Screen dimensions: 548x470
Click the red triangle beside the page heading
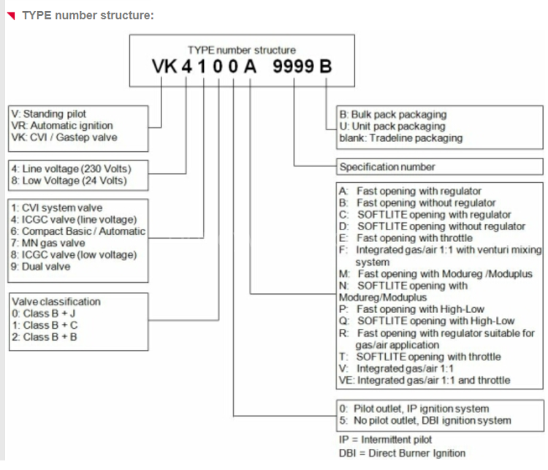click(12, 15)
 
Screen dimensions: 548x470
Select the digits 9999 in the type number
click(293, 67)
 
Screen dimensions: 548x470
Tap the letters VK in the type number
click(164, 67)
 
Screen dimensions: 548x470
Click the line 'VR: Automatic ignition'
click(62, 126)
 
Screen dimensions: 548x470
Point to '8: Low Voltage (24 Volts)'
click(69, 181)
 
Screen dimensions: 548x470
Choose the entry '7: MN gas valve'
click(48, 243)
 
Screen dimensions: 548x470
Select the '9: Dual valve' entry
click(40, 267)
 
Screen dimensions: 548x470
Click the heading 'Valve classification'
click(56, 301)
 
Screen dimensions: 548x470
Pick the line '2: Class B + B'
click(45, 337)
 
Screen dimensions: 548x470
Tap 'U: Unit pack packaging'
click(392, 126)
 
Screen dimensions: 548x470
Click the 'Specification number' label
click(387, 167)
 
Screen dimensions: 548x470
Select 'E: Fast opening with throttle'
click(406, 238)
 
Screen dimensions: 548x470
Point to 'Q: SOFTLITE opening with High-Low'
click(427, 321)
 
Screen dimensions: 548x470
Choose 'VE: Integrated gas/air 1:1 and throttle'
click(425, 380)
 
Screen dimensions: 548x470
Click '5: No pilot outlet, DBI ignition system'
click(425, 420)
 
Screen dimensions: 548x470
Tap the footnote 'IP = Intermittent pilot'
click(386, 439)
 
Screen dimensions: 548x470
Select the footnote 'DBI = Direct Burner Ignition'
click(403, 453)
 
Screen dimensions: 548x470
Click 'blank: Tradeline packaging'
click(401, 138)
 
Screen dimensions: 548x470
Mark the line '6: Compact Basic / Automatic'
click(78, 231)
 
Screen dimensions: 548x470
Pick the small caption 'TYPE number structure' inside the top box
click(242, 50)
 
